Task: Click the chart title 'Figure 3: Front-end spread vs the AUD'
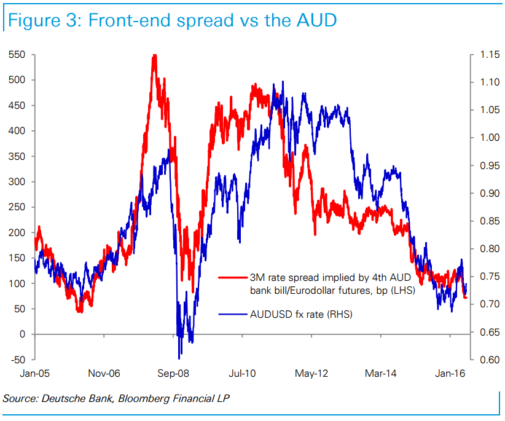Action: (172, 20)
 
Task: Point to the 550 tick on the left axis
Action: (17, 55)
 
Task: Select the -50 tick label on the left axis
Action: (18, 360)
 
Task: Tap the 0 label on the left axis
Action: (22, 334)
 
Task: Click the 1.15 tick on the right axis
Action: (490, 55)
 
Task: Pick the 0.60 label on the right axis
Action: (490, 360)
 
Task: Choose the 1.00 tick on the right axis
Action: (490, 138)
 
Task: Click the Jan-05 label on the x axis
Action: (35, 373)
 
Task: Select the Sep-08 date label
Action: (173, 373)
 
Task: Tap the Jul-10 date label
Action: (242, 373)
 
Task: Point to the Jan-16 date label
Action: (450, 373)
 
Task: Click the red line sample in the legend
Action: (233, 277)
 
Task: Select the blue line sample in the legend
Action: (233, 314)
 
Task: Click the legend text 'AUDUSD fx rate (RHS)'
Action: (301, 314)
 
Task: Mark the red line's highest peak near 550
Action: (155, 55)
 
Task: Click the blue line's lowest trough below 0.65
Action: (179, 358)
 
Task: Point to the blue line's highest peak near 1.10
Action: (283, 82)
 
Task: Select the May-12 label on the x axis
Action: (311, 373)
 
